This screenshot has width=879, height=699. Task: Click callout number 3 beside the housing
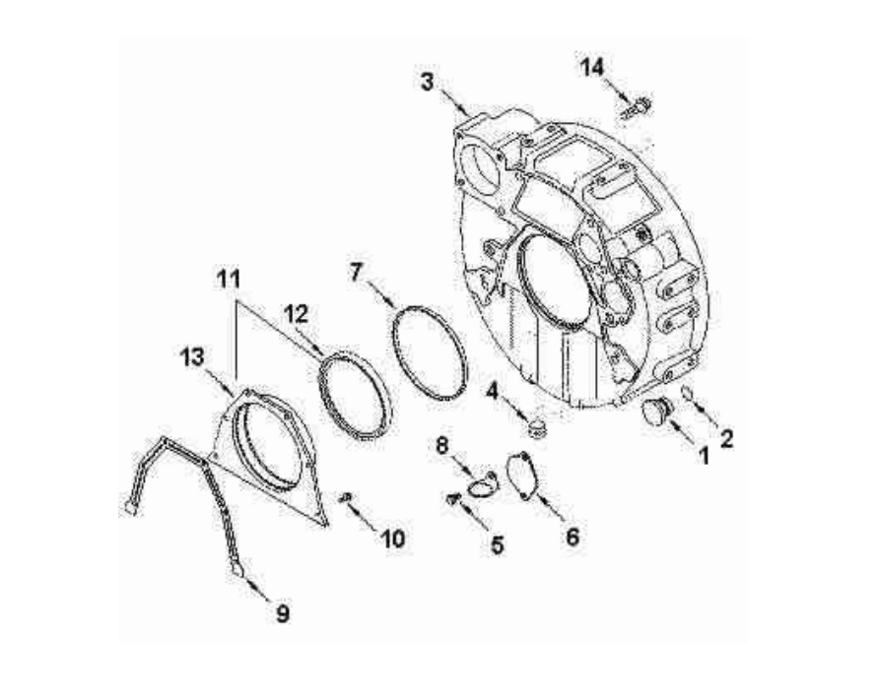point(427,82)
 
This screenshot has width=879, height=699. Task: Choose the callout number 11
point(229,280)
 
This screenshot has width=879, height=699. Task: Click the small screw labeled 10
point(346,497)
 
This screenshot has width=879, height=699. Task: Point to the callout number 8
point(442,444)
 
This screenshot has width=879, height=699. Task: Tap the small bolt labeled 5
point(454,500)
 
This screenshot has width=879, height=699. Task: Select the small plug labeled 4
point(536,424)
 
